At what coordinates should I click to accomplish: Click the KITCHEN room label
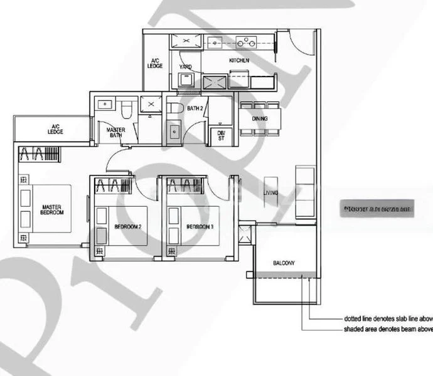click(x=239, y=61)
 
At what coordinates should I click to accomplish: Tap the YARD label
click(x=186, y=66)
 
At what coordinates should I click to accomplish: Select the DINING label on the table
click(x=260, y=118)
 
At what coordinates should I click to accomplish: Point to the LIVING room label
click(x=270, y=193)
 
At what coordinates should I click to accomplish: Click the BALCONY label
click(x=284, y=263)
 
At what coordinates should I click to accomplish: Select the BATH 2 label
click(x=195, y=108)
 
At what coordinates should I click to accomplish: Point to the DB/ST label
click(x=221, y=135)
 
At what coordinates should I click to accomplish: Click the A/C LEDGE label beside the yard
click(x=155, y=63)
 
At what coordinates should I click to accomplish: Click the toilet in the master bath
click(x=127, y=110)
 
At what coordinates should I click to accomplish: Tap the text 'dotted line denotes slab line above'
click(x=388, y=318)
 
